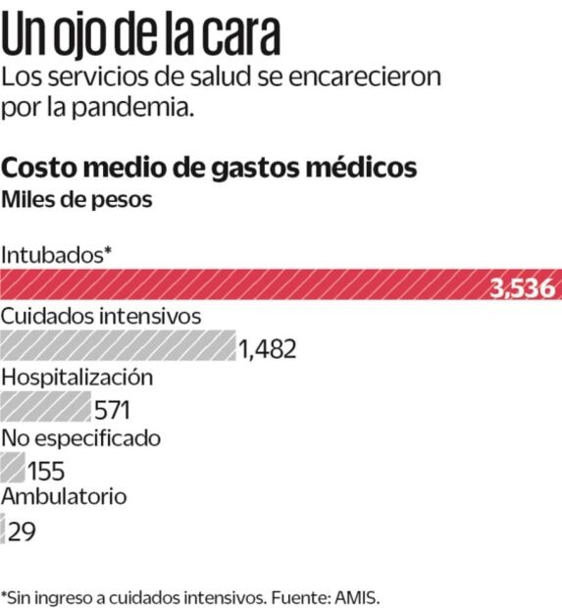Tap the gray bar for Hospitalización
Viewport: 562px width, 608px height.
[x=45, y=406]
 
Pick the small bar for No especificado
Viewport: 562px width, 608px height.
[x=13, y=466]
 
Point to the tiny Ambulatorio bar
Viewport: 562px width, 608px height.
[x=3, y=530]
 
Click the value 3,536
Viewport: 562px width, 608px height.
[x=524, y=288]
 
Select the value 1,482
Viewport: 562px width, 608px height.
[x=267, y=350]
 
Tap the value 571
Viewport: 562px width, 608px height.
[x=111, y=410]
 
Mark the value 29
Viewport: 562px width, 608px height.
[x=24, y=532]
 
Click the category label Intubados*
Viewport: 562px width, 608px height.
[x=56, y=254]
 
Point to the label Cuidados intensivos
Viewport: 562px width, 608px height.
[x=101, y=317]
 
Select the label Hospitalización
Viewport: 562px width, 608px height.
[x=77, y=378]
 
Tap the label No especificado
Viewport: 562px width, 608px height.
[x=80, y=437]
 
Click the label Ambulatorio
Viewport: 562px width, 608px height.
[x=64, y=496]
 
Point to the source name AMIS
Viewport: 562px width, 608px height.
[x=354, y=595]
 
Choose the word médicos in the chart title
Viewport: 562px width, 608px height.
[x=353, y=168]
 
